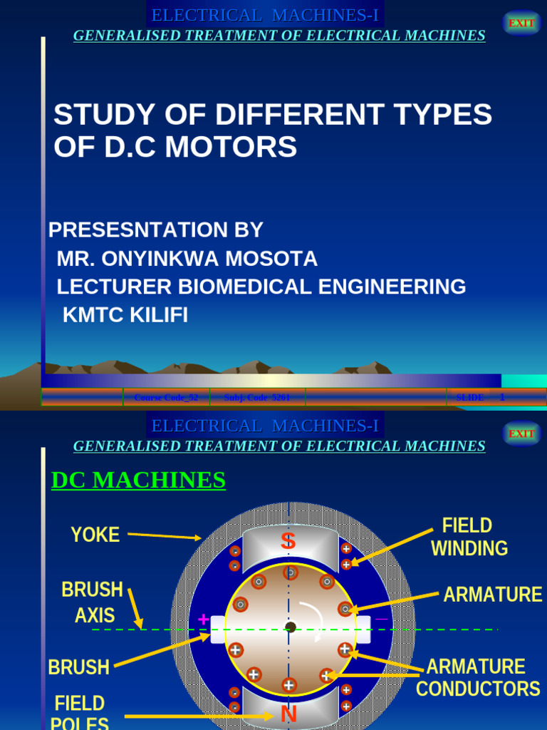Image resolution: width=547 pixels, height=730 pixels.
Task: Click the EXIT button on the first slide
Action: coord(521,23)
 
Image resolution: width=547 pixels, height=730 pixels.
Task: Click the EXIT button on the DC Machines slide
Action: coord(521,433)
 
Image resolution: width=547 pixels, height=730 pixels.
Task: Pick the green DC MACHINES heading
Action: coord(138,480)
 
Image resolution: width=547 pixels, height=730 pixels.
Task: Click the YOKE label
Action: coord(95,535)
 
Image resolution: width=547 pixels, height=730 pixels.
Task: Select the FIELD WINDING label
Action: coord(469,537)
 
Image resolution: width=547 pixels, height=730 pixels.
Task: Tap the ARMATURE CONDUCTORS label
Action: coord(477,678)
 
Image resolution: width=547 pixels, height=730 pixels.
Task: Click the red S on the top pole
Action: coord(288,541)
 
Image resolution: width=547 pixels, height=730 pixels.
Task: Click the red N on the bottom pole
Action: coord(288,714)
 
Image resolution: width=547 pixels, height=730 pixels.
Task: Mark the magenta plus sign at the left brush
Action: coord(204,620)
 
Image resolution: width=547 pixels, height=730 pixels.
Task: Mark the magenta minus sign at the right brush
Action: coord(382,619)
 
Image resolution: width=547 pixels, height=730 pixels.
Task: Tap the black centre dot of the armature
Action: coord(290,627)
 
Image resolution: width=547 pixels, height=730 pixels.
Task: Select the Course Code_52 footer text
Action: coord(166,397)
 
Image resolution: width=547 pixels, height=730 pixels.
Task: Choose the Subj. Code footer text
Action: coord(256,397)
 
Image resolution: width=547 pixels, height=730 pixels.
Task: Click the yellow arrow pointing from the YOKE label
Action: coord(164,536)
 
